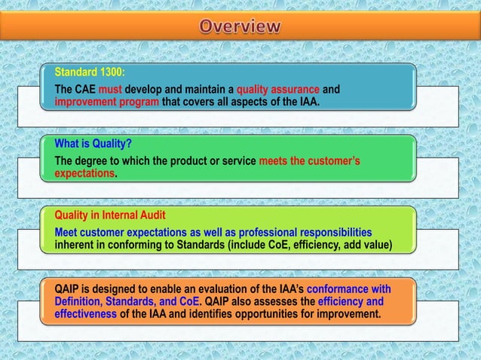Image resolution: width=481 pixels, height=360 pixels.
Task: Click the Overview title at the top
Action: [x=240, y=26]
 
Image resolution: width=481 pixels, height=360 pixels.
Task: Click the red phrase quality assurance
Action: [x=278, y=90]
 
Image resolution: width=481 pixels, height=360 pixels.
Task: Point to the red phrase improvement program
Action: [x=106, y=102]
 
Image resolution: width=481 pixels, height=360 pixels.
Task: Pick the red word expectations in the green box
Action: [x=84, y=173]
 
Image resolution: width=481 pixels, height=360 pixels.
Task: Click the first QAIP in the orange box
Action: [x=69, y=288]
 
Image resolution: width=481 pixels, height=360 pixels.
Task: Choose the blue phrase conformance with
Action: [x=347, y=288]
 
